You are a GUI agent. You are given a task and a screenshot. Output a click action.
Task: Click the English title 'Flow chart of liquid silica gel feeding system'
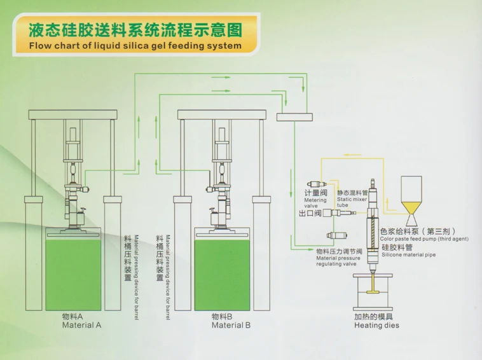point(135,46)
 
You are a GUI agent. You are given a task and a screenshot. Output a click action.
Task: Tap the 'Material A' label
point(81,325)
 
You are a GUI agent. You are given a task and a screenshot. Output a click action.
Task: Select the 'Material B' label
point(231,325)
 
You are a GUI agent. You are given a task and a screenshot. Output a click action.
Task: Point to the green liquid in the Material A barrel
point(73,275)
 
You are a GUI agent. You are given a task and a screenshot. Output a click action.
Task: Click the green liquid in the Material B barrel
point(222,275)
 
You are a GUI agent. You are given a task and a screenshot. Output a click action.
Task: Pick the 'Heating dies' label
point(376,325)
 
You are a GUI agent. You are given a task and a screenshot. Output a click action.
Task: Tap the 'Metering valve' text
point(315,203)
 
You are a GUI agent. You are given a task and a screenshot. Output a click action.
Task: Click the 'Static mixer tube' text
point(352,202)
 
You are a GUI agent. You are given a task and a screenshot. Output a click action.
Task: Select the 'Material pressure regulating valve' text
point(338,261)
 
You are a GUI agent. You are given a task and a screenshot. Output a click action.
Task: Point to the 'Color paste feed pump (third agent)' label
point(424,239)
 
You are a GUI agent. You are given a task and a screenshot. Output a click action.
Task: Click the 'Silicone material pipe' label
point(408,254)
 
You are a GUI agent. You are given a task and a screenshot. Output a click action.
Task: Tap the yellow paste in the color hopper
point(411,207)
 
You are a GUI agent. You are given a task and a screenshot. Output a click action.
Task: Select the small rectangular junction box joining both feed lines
point(294,117)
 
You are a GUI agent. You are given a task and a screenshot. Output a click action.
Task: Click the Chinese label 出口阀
point(310,213)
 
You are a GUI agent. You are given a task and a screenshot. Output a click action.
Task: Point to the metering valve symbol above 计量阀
point(317,184)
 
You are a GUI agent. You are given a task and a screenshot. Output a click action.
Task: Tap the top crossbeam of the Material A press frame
point(73,114)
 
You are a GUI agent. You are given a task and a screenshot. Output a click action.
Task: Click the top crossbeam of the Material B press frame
point(222,114)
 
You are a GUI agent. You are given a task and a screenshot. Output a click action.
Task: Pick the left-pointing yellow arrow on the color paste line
point(352,155)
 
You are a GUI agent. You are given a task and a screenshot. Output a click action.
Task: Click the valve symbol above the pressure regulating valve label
point(337,235)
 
